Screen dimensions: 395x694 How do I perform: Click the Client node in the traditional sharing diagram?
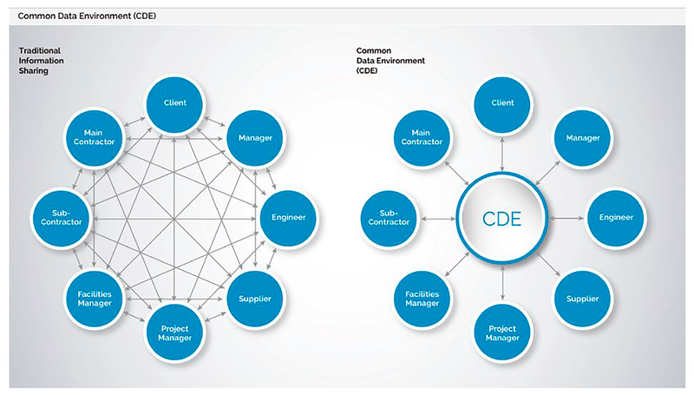[175, 103]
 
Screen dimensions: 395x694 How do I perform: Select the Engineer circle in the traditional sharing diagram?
[289, 216]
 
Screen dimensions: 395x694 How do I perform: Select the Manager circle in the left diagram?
[254, 137]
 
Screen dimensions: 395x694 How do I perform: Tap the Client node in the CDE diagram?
[503, 103]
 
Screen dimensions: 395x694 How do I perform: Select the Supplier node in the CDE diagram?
[582, 300]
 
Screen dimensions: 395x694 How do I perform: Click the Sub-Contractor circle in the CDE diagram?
[389, 216]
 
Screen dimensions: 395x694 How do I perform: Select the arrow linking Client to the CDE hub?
[503, 152]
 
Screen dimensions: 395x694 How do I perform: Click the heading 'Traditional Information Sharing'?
[43, 62]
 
